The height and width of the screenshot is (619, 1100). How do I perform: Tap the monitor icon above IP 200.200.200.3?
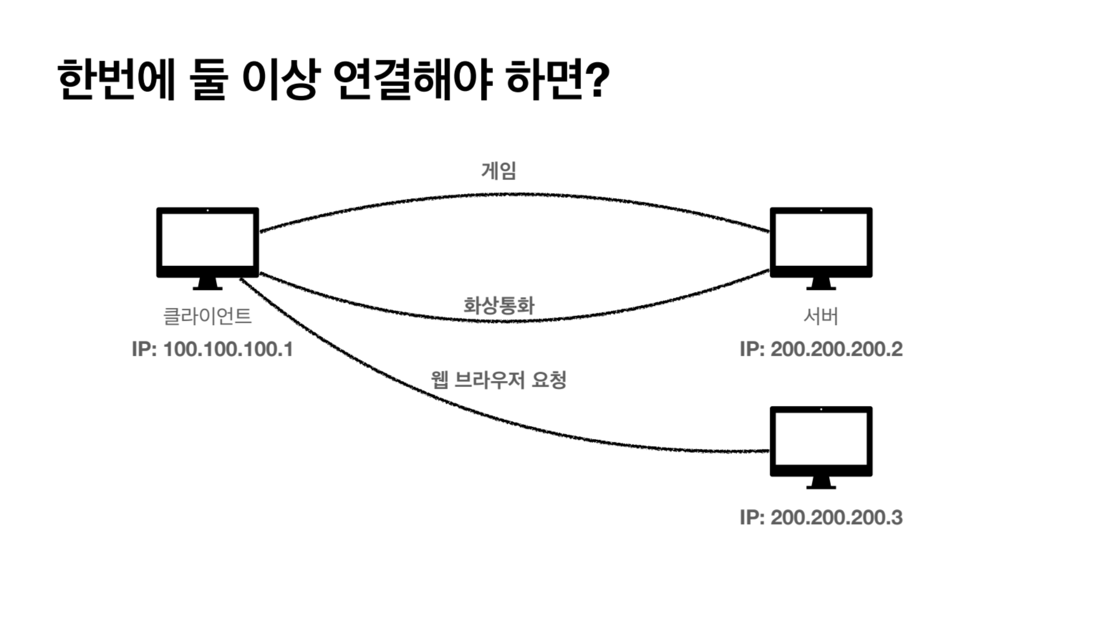[x=821, y=441]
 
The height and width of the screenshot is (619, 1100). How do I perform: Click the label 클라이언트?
[x=207, y=316]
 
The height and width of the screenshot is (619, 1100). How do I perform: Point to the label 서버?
[x=821, y=316]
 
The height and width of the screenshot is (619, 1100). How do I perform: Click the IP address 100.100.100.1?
[x=213, y=349]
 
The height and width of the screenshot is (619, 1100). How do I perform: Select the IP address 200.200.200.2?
[x=821, y=349]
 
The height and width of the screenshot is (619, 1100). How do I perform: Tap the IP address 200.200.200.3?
[x=821, y=517]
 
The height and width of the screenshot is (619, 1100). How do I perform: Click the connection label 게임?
[x=499, y=171]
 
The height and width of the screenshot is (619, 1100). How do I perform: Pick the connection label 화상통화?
[x=499, y=305]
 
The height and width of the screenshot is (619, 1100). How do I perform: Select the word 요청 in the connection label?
[x=549, y=380]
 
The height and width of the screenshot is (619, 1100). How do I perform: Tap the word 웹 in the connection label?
[x=439, y=380]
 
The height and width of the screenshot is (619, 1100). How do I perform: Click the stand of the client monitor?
[x=207, y=284]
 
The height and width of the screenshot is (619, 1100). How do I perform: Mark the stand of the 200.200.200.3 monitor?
[x=821, y=483]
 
